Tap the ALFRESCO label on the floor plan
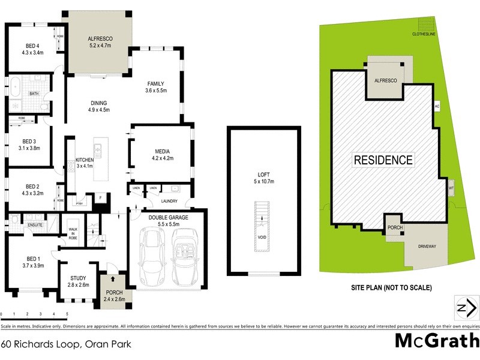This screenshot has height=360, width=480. (x=101, y=38)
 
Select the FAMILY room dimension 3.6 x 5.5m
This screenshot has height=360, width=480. (x=155, y=91)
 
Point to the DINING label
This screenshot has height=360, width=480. (x=99, y=103)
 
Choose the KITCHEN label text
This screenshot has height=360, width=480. (x=85, y=160)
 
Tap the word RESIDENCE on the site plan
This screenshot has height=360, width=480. (x=383, y=160)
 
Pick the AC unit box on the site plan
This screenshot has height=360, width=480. (x=437, y=106)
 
